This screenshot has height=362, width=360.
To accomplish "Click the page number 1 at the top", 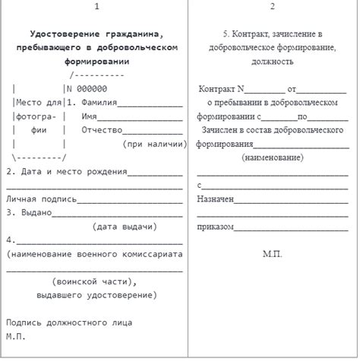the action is click(96, 8).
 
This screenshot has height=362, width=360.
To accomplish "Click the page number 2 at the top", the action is click(273, 8).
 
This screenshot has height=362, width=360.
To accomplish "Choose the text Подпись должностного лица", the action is click(69, 322).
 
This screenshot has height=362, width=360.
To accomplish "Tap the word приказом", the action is click(215, 227).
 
